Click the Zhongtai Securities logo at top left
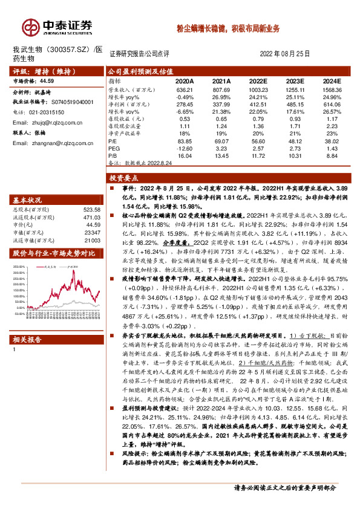[x=57, y=26]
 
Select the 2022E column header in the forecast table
[x=258, y=80]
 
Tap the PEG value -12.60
[x=184, y=148]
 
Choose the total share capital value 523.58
[x=91, y=210]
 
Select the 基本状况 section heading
[x=28, y=200]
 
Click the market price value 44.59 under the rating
[x=47, y=80]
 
